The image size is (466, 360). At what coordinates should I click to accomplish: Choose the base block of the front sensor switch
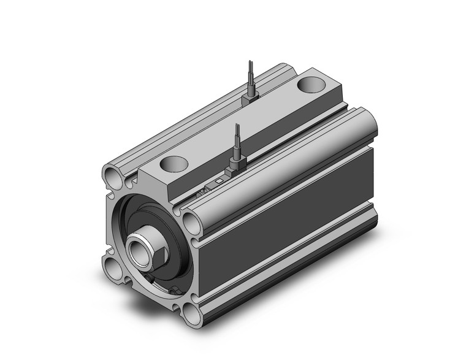coord(236,166)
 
